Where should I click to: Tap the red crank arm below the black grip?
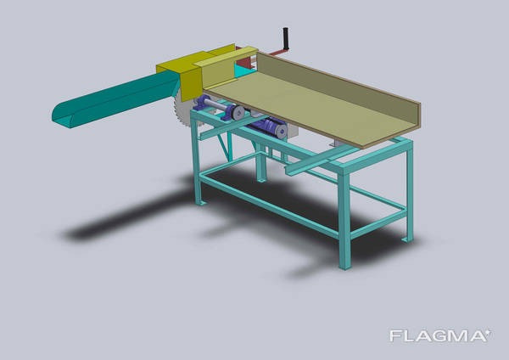(275, 52)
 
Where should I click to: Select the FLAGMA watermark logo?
(440, 335)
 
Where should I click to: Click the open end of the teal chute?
(64, 116)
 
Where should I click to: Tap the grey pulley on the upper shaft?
(238, 112)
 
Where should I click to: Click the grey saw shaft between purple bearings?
(215, 104)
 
